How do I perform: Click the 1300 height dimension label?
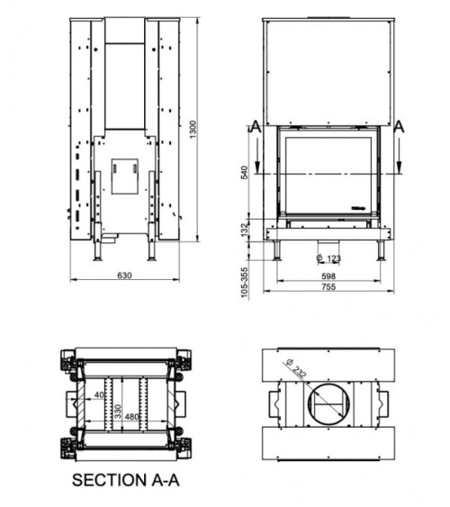pyautogui.click(x=192, y=130)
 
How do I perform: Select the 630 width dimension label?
pyautogui.click(x=125, y=276)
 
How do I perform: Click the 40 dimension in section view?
pyautogui.click(x=97, y=394)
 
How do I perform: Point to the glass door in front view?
pyautogui.click(x=328, y=171)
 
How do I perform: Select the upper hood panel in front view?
pyautogui.click(x=328, y=68)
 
